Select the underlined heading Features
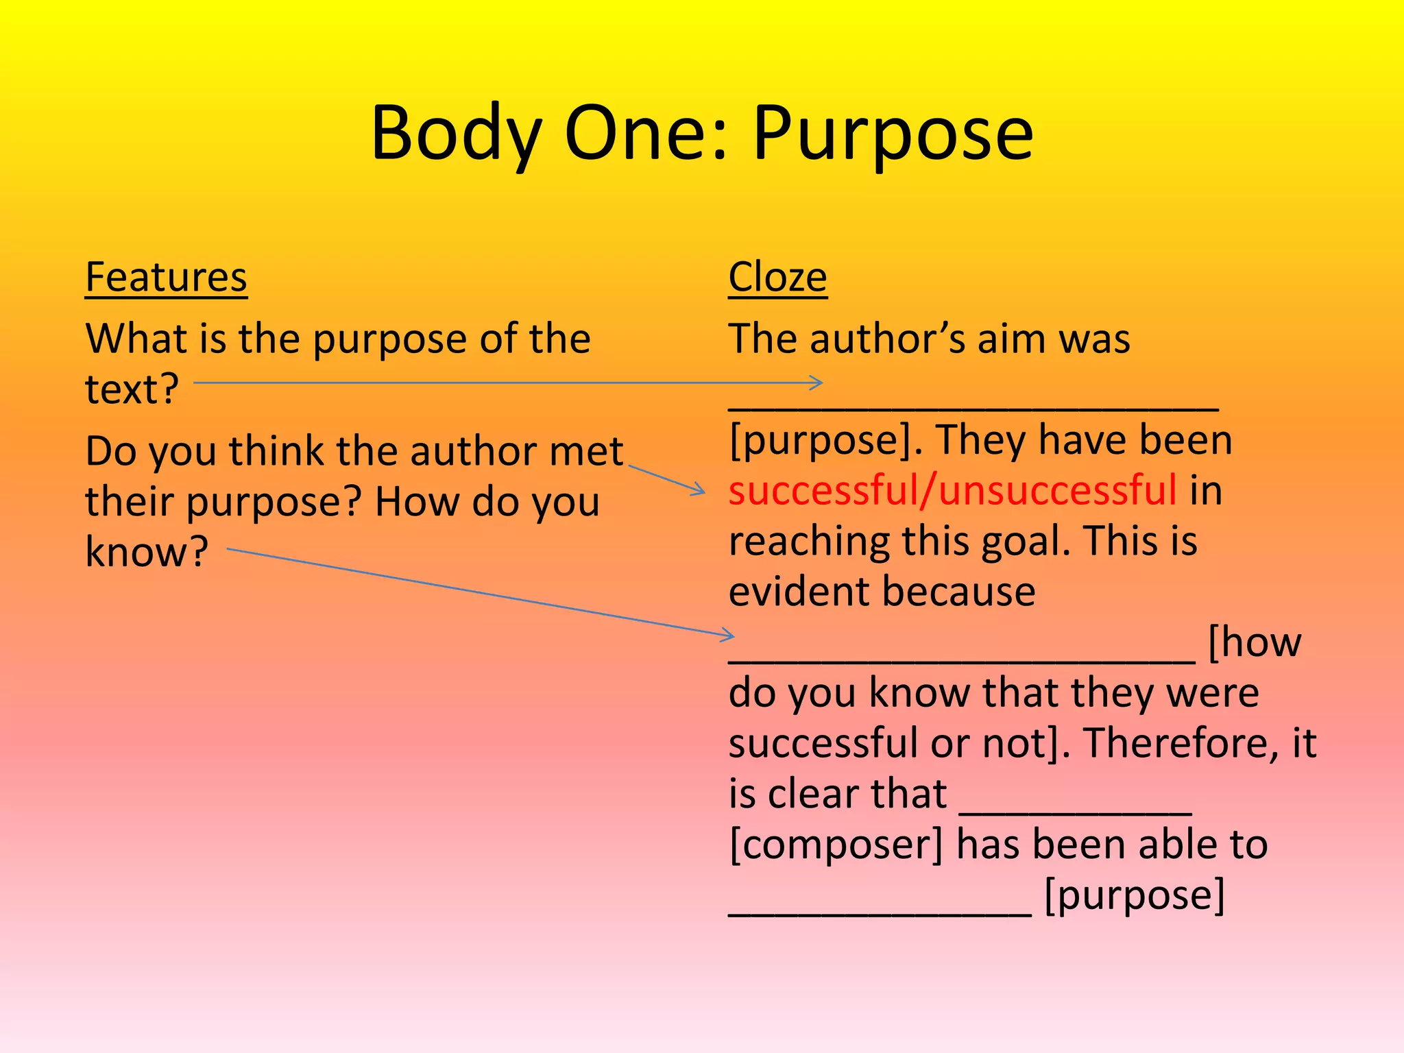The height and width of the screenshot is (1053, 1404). click(166, 277)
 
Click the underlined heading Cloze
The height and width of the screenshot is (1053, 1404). click(777, 277)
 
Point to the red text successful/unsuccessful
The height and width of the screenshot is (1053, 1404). click(952, 490)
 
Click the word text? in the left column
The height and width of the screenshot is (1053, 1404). click(132, 388)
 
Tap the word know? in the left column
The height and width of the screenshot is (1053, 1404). click(146, 550)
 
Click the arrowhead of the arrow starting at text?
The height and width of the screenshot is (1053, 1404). click(818, 383)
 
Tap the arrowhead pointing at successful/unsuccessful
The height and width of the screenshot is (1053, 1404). click(700, 490)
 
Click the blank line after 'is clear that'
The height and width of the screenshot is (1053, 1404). click(1075, 809)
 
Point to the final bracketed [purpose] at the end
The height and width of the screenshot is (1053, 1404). click(1134, 895)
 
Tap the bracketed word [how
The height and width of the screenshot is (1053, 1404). click(1254, 642)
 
